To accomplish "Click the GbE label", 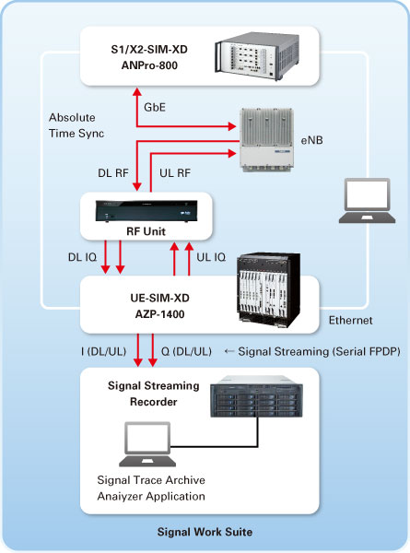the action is [155, 107].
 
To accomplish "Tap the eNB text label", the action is [311, 140].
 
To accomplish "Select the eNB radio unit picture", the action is [266, 140].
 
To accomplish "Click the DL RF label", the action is [113, 173].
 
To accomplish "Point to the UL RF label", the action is [175, 173].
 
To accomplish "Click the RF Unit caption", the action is [146, 231].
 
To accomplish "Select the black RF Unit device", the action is [146, 211].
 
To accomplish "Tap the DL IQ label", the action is [82, 257].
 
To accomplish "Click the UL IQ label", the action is [211, 257].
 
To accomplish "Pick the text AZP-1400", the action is [159, 314].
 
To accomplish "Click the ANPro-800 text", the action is [149, 65].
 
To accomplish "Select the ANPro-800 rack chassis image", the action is [257, 56].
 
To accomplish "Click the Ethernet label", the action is [350, 320].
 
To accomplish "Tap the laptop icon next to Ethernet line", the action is [367, 201].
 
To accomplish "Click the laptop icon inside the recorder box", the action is [147, 444].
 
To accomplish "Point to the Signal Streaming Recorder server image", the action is [256, 396].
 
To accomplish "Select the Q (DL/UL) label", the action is [186, 352].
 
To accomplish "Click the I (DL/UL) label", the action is [103, 352].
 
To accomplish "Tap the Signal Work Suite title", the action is [205, 532].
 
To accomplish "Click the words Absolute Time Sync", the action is [76, 125].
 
